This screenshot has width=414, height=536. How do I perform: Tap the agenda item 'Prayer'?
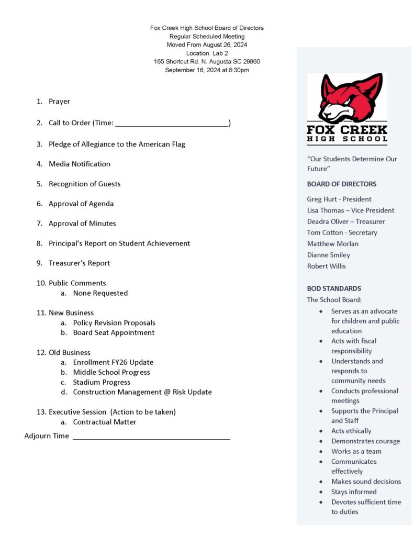pos(59,102)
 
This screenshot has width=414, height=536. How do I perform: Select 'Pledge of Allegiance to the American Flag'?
pos(117,144)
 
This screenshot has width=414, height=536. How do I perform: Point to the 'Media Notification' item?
pos(80,164)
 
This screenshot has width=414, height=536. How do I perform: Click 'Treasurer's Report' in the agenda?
pos(79,263)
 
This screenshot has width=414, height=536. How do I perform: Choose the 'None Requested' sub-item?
pos(100,293)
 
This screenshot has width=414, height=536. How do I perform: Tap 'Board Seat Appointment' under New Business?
pos(114,332)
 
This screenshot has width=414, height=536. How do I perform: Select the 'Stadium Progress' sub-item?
pos(102,382)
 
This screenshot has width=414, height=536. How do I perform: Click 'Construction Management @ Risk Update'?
pos(142,392)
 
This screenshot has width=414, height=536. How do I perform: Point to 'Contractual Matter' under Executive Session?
pos(105,422)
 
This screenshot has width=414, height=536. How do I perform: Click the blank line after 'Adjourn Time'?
pos(151,437)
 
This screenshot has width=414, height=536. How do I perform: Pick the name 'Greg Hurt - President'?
pos(339,199)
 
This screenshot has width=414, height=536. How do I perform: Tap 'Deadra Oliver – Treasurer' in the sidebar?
pos(345,221)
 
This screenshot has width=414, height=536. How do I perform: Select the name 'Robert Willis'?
pos(326,266)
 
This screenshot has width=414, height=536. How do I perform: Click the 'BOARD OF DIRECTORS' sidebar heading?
pos(341,184)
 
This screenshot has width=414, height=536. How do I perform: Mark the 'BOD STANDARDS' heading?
pos(334,288)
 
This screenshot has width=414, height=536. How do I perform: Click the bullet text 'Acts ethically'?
pos(351,431)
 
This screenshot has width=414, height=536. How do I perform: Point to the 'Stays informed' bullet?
pos(353,492)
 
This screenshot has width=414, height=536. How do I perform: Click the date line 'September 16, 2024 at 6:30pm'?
pos(207,70)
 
